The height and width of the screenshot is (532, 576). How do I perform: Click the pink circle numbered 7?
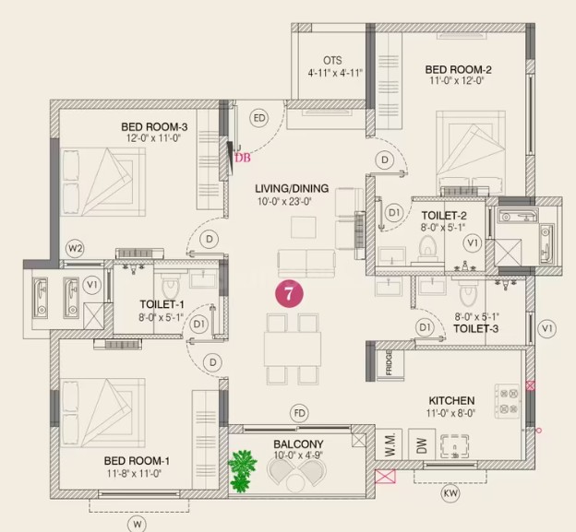pos(289,293)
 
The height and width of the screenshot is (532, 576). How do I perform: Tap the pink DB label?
pos(243,158)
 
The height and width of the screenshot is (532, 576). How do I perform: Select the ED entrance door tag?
pos(259,118)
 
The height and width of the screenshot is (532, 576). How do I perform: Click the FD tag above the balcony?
pos(299,413)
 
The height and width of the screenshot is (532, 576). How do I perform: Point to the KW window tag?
pos(450,493)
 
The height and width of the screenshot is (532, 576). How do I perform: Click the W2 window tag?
pos(75,249)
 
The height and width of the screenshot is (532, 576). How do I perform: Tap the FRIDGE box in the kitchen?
pos(390,363)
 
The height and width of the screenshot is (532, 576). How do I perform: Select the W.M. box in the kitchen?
pos(389,444)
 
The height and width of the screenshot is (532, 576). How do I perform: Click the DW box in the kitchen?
pos(422,444)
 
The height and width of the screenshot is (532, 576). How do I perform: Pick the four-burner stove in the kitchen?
pos(508,401)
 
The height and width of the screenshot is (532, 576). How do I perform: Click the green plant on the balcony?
pos(241,471)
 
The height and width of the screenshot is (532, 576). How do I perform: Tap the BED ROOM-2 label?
pos(458,69)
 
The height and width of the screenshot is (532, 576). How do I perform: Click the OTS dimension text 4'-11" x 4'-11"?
pos(335,73)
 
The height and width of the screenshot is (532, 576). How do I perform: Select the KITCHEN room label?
pos(451,400)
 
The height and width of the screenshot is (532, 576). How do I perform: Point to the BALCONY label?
pos(298,444)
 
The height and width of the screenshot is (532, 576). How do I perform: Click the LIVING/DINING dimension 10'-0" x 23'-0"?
pos(284,201)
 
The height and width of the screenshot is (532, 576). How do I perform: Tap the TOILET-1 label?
pos(162,304)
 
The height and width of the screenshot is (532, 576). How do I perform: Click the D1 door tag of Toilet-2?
pos(394,213)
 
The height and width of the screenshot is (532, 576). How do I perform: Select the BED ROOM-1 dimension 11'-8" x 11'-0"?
pos(134,474)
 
